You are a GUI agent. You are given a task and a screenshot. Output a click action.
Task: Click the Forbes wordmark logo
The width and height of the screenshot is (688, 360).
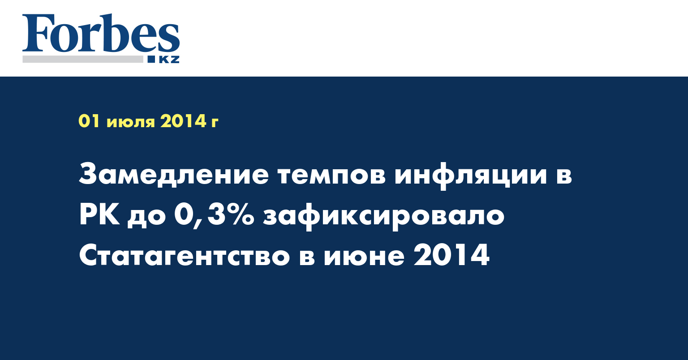point(101,33)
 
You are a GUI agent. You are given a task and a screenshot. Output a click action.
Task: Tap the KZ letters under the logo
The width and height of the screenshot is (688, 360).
point(169,60)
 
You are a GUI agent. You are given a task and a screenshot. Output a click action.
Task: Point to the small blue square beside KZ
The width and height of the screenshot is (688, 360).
point(151,60)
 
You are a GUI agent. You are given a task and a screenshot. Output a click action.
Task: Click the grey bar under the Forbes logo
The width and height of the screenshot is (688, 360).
point(83,59)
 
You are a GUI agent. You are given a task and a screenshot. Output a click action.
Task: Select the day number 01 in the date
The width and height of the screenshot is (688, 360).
point(90,121)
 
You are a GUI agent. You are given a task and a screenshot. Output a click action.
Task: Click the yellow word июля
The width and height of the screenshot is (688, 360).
point(130,123)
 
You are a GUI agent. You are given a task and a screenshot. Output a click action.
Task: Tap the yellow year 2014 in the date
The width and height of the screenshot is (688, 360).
point(183,121)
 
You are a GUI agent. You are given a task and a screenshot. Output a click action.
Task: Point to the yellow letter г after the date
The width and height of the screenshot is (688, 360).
point(215,123)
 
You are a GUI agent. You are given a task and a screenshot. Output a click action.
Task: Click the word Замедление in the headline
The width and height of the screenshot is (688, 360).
point(174,176)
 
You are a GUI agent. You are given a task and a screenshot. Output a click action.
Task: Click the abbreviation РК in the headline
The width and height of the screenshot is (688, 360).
point(99,215)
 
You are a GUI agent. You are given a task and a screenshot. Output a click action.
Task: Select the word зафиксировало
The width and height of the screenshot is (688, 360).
point(383,217)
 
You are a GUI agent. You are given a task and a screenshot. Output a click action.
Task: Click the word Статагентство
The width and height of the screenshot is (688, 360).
point(185,256)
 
